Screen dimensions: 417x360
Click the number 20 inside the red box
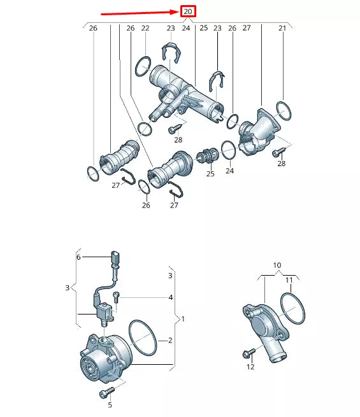tap(187, 11)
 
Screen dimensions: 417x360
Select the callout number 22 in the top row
tap(145, 28)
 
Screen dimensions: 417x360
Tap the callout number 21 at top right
tap(282, 28)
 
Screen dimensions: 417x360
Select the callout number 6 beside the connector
tap(78, 257)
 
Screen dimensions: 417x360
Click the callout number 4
tap(170, 297)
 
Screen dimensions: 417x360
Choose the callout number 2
tap(170, 341)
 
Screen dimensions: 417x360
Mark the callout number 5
tap(110, 405)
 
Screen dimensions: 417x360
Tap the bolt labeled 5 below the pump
tap(105, 393)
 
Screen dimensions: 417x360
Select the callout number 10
tap(277, 265)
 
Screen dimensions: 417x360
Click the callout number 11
tap(289, 280)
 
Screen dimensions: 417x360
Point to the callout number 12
tap(250, 367)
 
